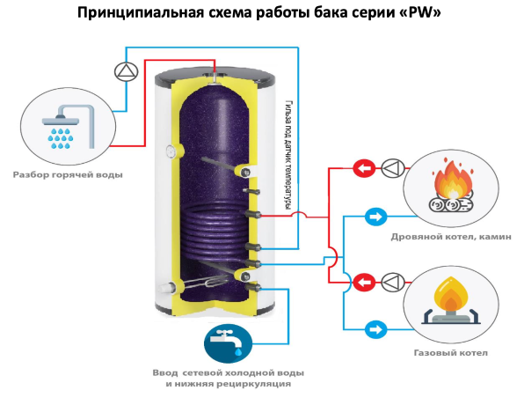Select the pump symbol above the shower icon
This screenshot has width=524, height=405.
(127, 71)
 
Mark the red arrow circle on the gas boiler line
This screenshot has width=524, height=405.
(361, 282)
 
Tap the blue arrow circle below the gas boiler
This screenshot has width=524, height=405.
(374, 329)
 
